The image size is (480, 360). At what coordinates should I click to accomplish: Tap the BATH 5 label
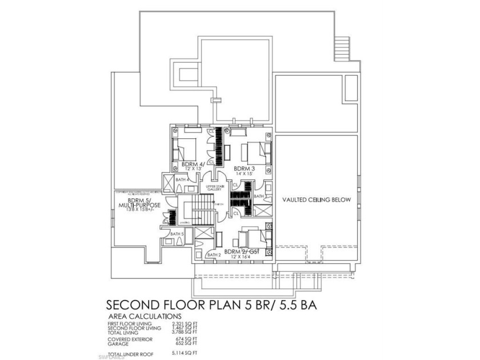pos(177,234)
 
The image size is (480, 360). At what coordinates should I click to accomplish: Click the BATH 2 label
pos(214,255)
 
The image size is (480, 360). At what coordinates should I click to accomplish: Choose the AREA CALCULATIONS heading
pos(145,315)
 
